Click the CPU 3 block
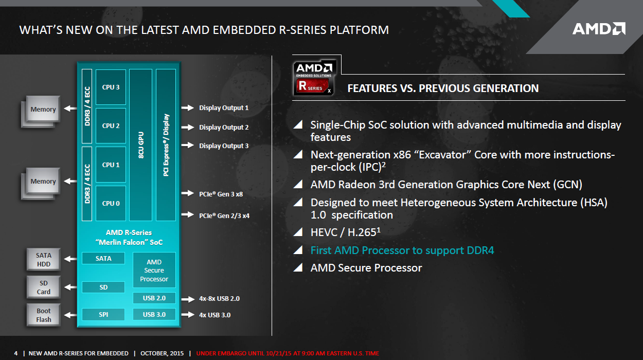pos(111,87)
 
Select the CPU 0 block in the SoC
pos(111,203)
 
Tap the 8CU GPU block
pos(140,145)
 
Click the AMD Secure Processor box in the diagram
pos(154,270)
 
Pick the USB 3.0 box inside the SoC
pos(154,315)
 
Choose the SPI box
pos(103,315)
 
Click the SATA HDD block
pos(44,260)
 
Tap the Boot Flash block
pos(44,315)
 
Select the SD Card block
pos(44,287)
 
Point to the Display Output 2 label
pos(224,127)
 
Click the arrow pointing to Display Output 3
pos(188,145)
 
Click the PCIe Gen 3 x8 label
pos(221,194)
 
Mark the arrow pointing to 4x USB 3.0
pos(188,315)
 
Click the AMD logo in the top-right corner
pos(599,29)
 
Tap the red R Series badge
pos(312,85)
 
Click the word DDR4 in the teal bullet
pos(480,250)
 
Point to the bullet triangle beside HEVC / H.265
pos(298,232)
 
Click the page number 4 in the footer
pos(16,353)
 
